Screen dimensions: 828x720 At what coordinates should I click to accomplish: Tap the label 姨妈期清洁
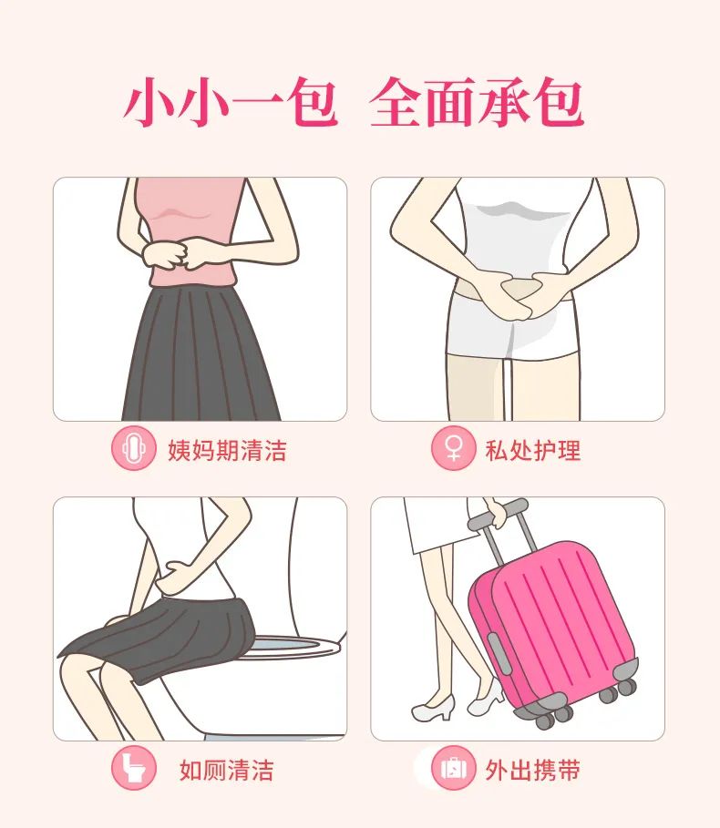tap(227, 450)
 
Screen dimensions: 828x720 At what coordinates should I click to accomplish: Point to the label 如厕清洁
tap(226, 771)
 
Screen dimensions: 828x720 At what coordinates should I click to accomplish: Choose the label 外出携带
tap(533, 771)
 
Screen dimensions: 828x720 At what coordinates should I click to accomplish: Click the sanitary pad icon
tap(133, 449)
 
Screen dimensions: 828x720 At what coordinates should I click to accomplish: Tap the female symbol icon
tap(453, 449)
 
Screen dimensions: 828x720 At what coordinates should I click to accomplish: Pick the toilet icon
tap(133, 770)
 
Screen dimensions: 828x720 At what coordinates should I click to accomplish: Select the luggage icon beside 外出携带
tap(453, 770)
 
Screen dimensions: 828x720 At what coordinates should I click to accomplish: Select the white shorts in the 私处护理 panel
tap(516, 328)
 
